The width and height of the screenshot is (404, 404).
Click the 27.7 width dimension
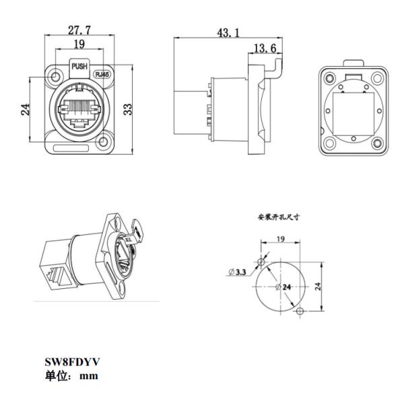(x=79, y=30)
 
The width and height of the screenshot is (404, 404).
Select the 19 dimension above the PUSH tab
(x=79, y=44)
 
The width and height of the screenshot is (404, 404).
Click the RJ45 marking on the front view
(x=102, y=75)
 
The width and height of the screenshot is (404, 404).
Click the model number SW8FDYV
(x=71, y=362)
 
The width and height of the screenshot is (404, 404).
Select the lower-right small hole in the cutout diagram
(x=301, y=310)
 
